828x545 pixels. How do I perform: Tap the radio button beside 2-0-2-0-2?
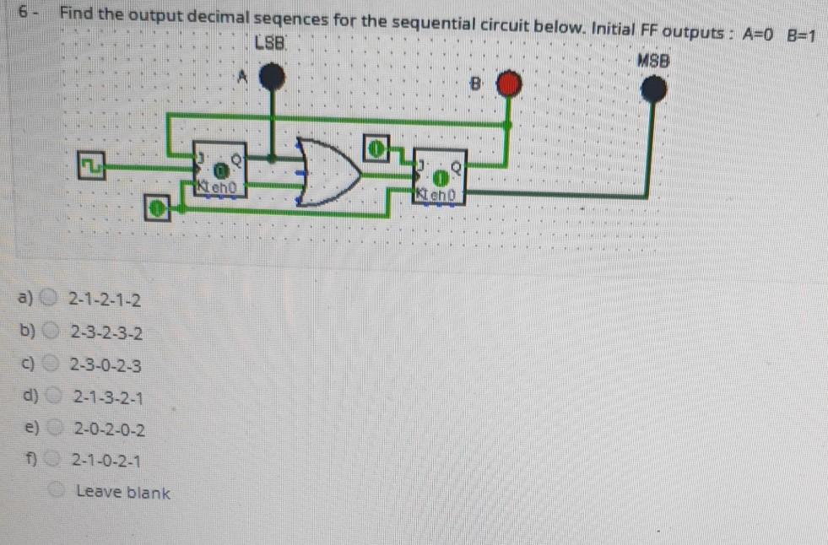click(x=54, y=429)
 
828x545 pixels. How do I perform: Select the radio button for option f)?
click(x=54, y=461)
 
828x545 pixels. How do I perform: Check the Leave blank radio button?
click(x=57, y=490)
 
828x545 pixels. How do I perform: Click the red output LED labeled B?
click(x=508, y=84)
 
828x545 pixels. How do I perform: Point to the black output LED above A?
click(x=271, y=78)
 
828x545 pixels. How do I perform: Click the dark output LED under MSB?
click(x=652, y=89)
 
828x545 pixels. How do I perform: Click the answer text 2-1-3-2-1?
click(x=107, y=397)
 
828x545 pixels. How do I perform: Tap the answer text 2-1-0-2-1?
click(x=106, y=461)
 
